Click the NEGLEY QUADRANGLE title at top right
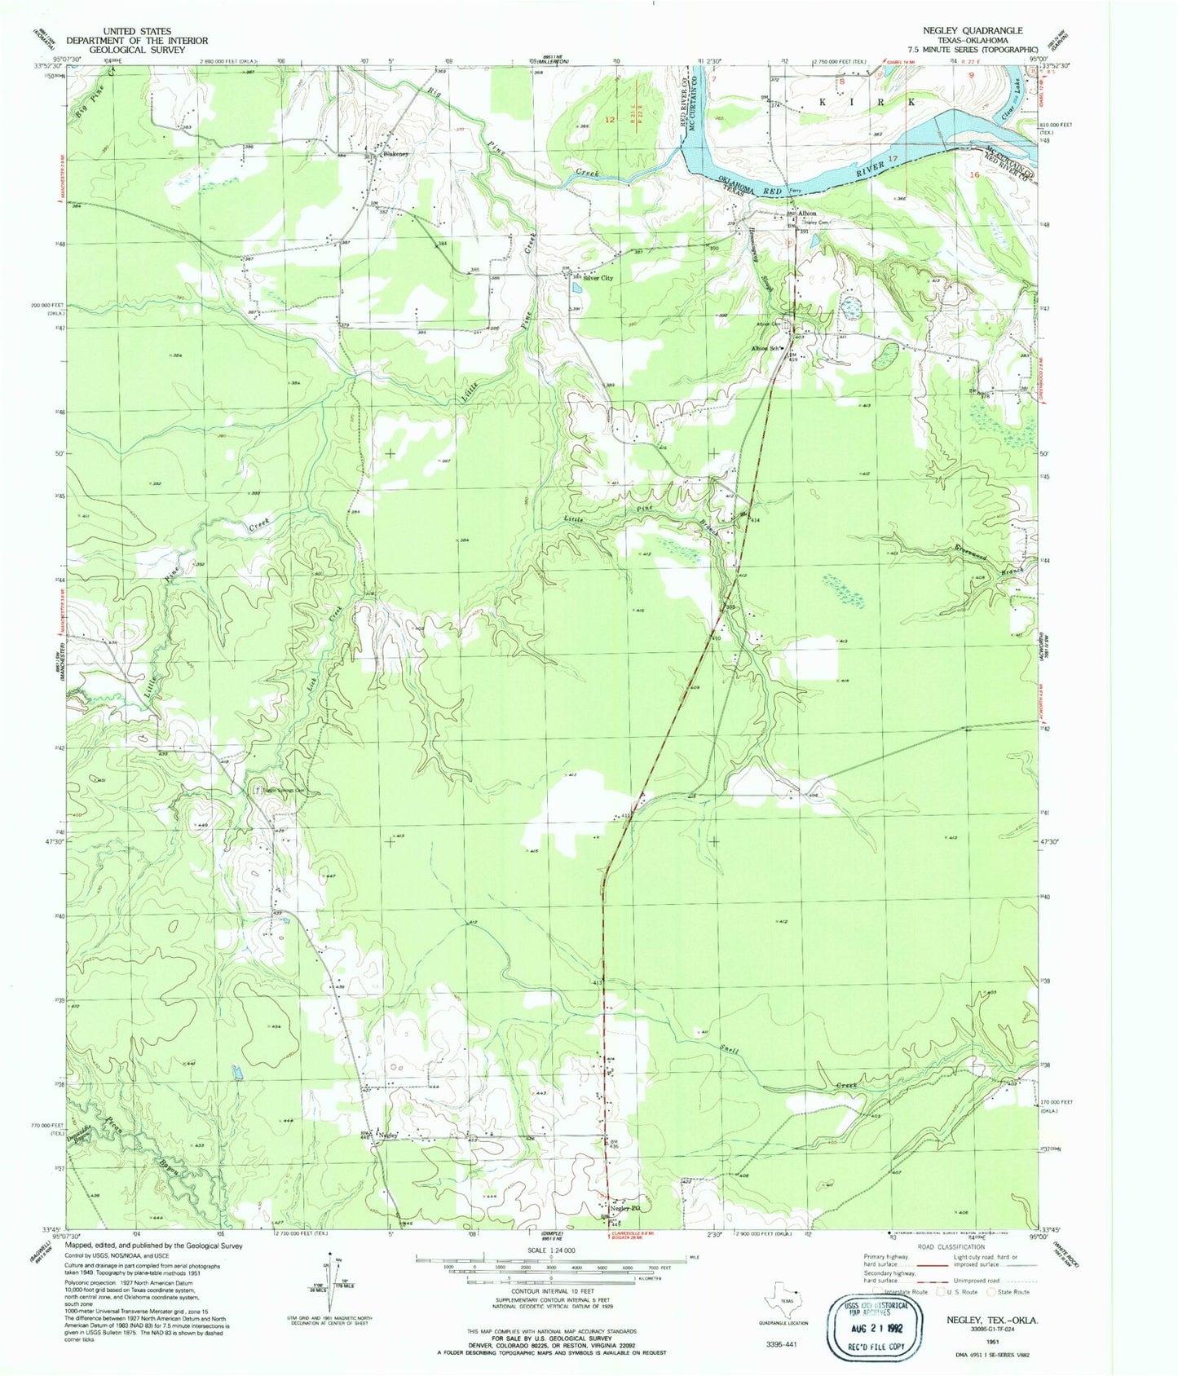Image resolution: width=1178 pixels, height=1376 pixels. [x=973, y=30]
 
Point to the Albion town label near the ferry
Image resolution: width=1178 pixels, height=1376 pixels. [x=806, y=214]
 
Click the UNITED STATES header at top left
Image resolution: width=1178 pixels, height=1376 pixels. [x=137, y=31]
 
